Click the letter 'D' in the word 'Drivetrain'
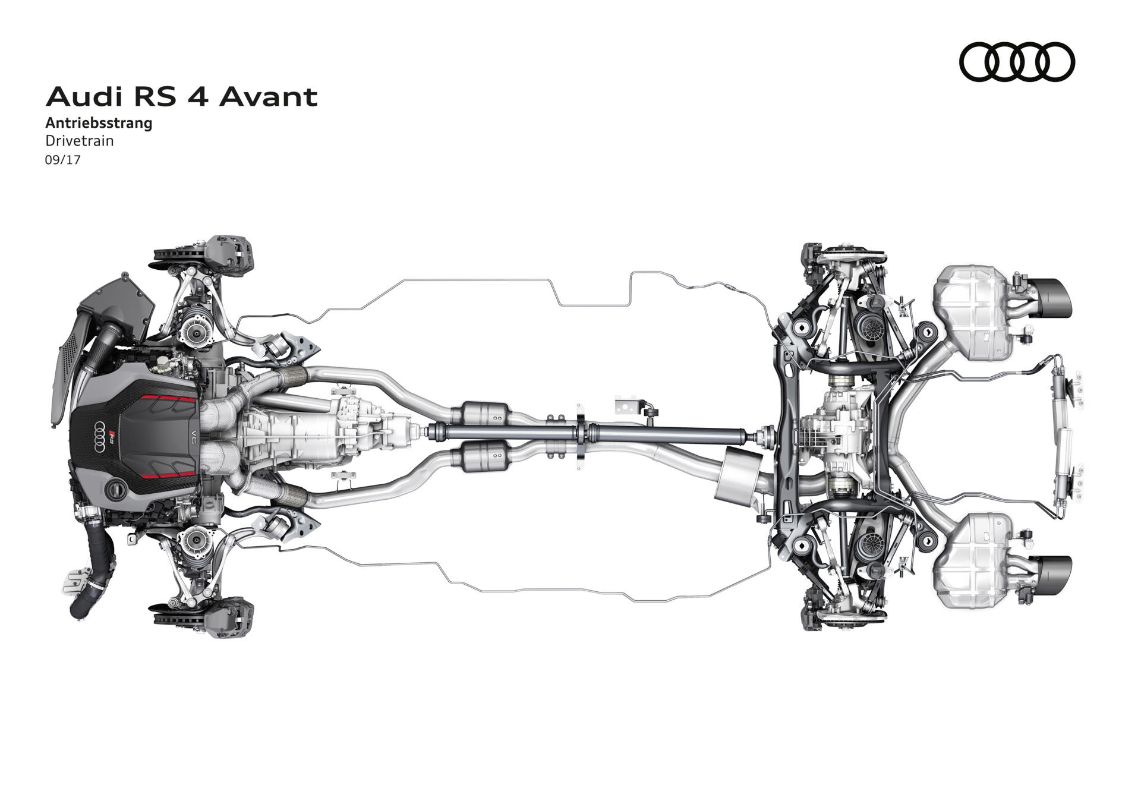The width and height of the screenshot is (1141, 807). [50, 141]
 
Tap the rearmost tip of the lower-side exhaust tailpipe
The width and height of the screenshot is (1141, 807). [1071, 572]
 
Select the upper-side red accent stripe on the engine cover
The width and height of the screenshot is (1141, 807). [169, 398]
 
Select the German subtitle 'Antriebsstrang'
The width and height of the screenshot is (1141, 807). [99, 124]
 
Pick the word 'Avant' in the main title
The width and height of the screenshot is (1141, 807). [268, 97]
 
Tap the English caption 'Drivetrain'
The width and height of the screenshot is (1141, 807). [80, 141]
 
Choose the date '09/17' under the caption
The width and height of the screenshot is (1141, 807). [62, 160]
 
